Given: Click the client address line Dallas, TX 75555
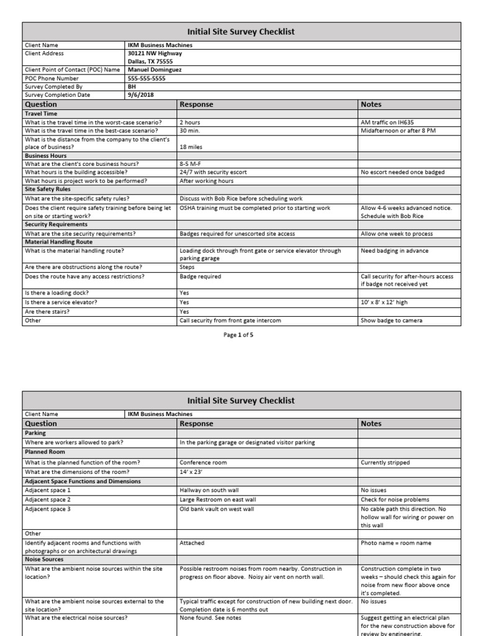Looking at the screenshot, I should (150, 61).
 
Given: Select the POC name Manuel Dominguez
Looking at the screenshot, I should (155, 70).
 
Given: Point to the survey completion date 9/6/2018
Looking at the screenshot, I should (140, 95).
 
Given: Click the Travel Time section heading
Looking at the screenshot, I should (40, 114).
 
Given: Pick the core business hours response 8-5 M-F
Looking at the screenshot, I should (191, 164).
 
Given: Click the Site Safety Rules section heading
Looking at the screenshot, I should (47, 189).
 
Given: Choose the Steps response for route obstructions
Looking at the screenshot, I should (187, 267).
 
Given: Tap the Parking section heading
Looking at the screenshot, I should (35, 433).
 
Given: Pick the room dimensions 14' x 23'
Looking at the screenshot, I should (191, 471).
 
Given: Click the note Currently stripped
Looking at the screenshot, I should (385, 463).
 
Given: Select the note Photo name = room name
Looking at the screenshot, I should (392, 543).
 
